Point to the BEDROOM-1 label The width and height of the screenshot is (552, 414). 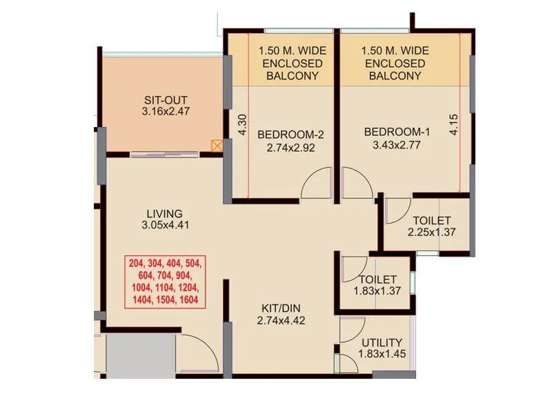click(392, 132)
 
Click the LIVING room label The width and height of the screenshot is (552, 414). click(164, 213)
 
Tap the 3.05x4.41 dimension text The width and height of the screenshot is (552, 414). click(164, 224)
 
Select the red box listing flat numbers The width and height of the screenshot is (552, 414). click(165, 281)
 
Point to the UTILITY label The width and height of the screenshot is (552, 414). click(382, 343)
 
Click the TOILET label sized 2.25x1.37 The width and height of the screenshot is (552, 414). click(433, 221)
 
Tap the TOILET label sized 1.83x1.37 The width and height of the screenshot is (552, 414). click(377, 279)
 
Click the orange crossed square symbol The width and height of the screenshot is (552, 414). click(217, 146)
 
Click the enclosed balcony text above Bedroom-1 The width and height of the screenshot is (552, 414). click(395, 63)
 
